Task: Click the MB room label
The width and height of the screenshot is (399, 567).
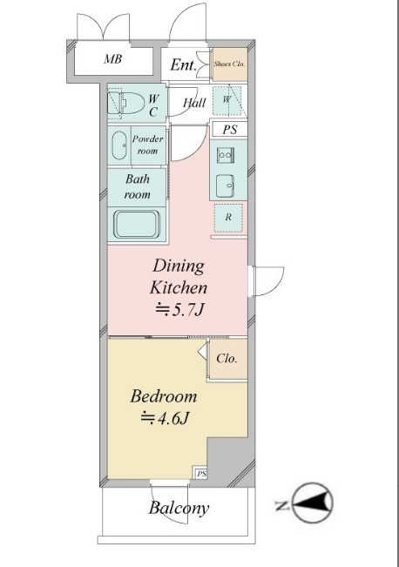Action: coord(113,58)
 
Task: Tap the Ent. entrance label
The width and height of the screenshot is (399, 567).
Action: coord(184,64)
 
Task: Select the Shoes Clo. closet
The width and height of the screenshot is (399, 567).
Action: coord(230,64)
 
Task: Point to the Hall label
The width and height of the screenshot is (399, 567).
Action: coord(194,103)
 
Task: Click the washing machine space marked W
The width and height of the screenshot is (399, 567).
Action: coord(227,100)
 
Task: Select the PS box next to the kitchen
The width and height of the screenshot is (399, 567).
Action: coord(230,130)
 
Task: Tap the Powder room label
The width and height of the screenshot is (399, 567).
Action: coord(147,145)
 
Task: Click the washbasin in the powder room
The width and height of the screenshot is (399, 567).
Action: coord(118,145)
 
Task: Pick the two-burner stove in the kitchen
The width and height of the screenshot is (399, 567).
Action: coord(226,156)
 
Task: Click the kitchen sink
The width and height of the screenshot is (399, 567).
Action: coord(226,186)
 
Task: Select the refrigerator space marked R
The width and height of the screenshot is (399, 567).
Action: coord(228,218)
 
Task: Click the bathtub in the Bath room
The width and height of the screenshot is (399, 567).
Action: coord(137,225)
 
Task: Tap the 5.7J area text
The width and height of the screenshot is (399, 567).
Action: coord(179,309)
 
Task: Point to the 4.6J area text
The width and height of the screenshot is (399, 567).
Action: coord(165,418)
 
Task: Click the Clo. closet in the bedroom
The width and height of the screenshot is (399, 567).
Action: coord(227,359)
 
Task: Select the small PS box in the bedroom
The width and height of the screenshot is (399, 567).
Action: coord(201,473)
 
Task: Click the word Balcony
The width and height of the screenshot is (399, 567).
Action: coord(179,508)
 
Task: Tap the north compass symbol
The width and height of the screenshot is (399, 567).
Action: coord(313,503)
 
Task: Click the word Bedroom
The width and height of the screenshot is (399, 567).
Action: coord(164,396)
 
